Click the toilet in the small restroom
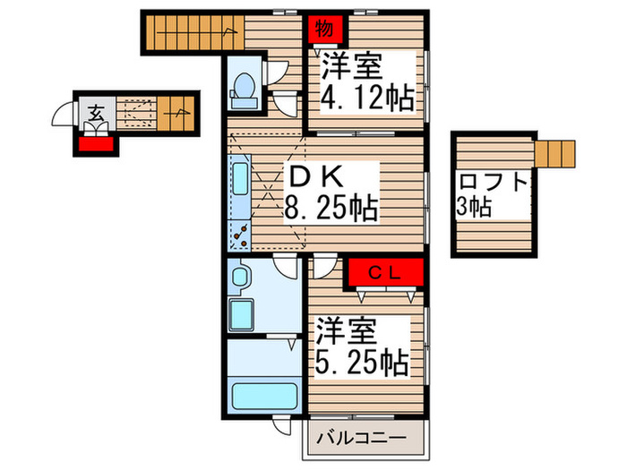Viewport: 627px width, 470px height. [x=242, y=86]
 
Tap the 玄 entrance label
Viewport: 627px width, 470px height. [x=94, y=112]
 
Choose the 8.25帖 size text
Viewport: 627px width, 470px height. [x=331, y=210]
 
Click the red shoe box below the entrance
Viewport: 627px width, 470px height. [x=92, y=141]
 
